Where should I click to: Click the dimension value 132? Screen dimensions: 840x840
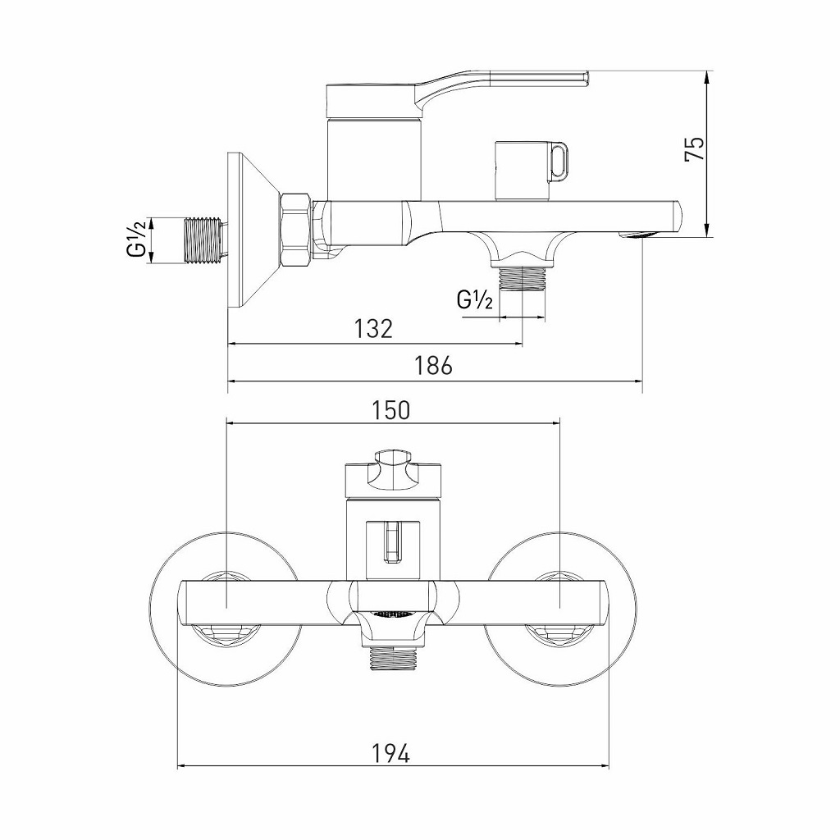click(374, 329)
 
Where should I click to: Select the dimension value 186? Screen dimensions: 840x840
click(434, 366)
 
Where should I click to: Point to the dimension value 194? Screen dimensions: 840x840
click(391, 751)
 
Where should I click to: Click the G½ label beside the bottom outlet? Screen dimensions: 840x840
click(475, 300)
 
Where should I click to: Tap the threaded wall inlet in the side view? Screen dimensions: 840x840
click(204, 240)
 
